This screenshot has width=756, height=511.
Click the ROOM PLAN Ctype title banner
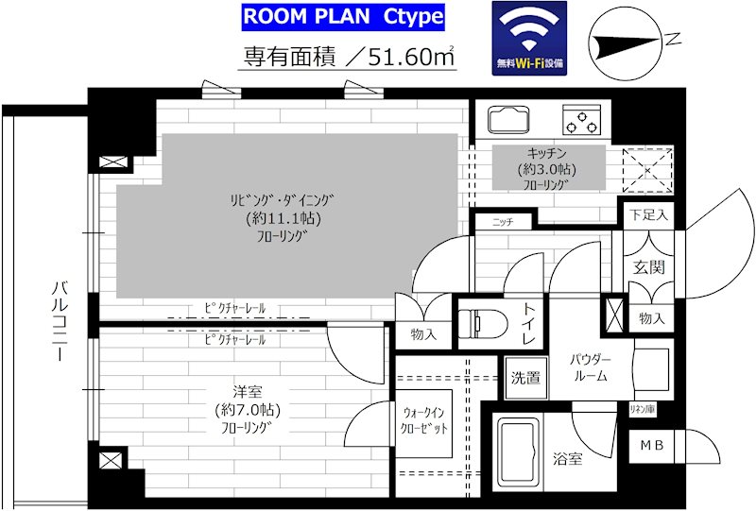point(343,17)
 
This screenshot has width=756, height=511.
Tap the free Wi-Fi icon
point(529,39)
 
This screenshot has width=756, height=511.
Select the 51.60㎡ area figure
point(411,57)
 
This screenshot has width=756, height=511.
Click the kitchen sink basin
point(508,120)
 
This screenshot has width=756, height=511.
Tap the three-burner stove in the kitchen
point(582,120)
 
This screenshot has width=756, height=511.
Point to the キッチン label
point(547,154)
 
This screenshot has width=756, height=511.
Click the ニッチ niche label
point(503,222)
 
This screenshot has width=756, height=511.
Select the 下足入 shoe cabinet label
point(648,214)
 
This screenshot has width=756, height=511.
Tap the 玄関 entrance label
point(649,267)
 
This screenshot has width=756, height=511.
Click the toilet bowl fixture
point(483,321)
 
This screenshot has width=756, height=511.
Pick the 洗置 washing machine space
point(525,378)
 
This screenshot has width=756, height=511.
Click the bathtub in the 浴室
point(518,453)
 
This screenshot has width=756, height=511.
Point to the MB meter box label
point(652,446)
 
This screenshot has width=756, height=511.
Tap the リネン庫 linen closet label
point(643,409)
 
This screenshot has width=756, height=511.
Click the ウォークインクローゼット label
point(423,421)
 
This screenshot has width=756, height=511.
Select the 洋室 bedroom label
point(248,391)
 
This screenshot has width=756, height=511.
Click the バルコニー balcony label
point(60,321)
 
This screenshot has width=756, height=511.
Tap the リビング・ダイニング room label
point(282,199)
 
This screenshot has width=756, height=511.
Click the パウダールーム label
point(591,367)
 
